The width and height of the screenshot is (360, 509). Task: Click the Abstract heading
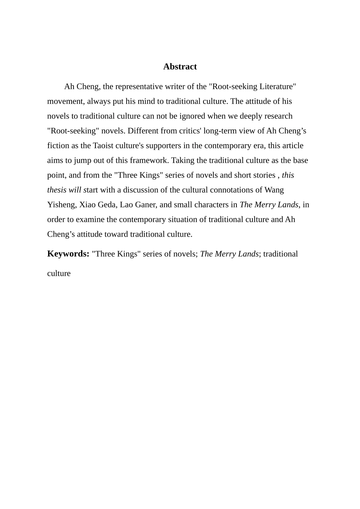coord(180,67)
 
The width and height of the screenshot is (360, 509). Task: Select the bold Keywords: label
coord(68,254)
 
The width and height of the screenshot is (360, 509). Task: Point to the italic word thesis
coord(57,190)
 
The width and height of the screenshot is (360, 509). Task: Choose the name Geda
coord(106,205)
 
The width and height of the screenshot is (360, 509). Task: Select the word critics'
coord(189,131)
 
